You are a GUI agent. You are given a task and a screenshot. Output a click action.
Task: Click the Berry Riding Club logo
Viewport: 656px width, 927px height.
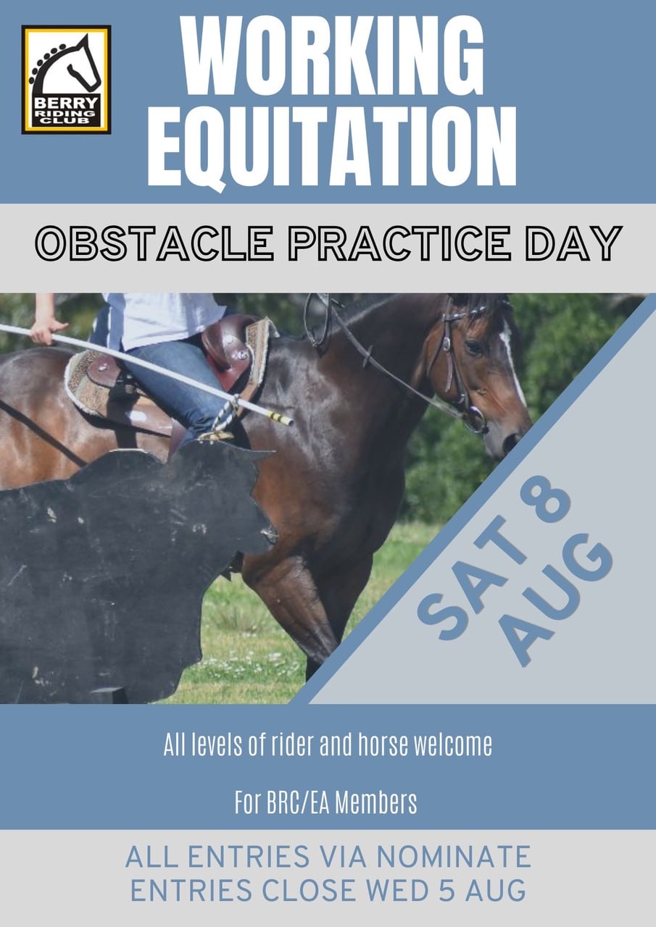pos(66,80)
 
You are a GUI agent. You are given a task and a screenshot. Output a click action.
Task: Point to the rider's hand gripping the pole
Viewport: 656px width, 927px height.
pos(46,329)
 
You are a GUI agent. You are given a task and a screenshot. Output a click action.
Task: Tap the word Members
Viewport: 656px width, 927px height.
pos(375,803)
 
